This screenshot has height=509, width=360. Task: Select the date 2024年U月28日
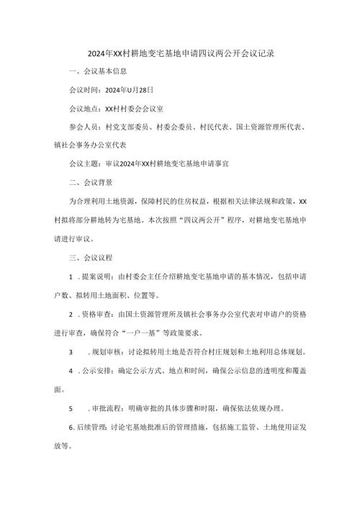(x=129, y=91)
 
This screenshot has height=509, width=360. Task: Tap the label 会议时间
(x=83, y=91)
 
